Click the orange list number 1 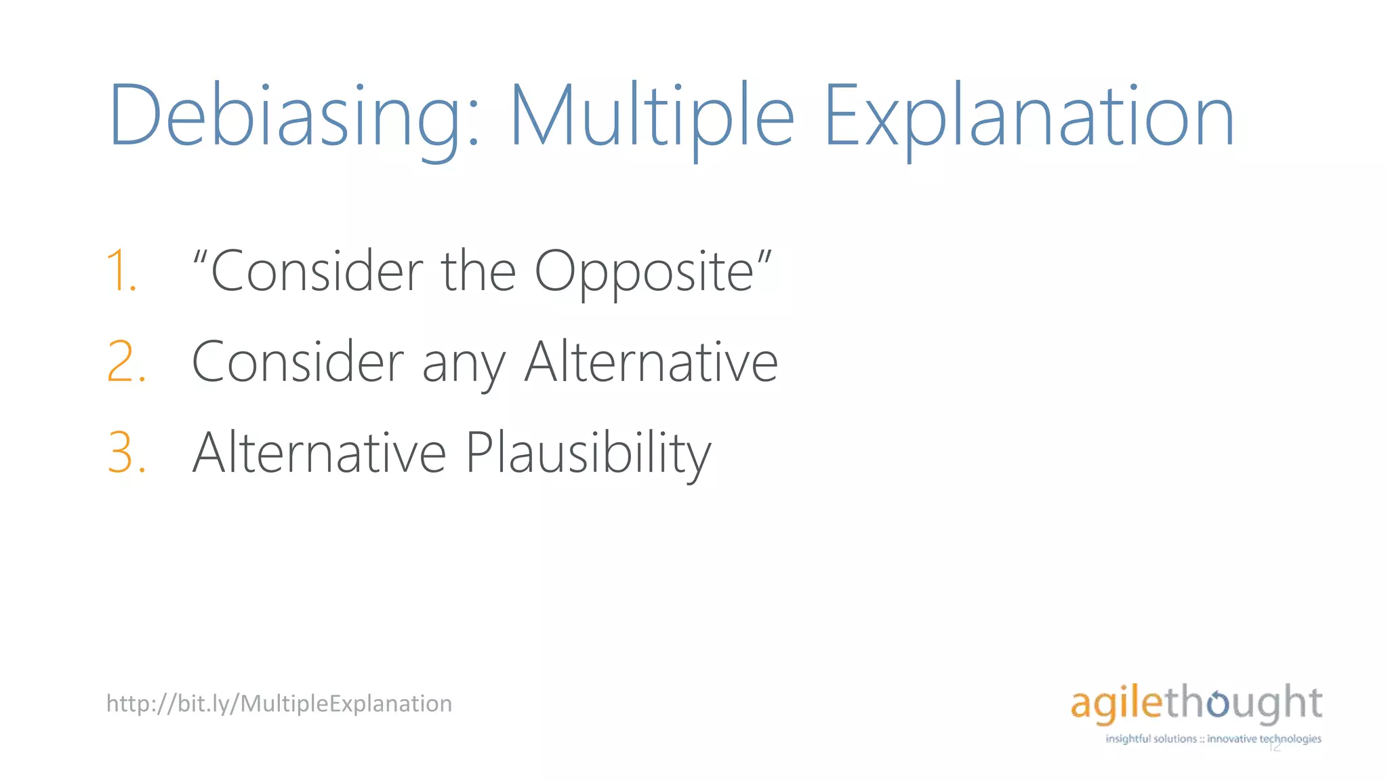click(x=123, y=272)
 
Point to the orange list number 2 click(x=126, y=363)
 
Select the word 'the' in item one click(x=478, y=271)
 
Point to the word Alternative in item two click(x=651, y=363)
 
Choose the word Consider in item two click(x=298, y=363)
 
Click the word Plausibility click(x=588, y=454)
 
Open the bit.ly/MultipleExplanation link click(x=279, y=704)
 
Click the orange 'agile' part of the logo click(x=1117, y=703)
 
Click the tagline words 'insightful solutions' click(x=1151, y=739)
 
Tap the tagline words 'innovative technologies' click(x=1264, y=739)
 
